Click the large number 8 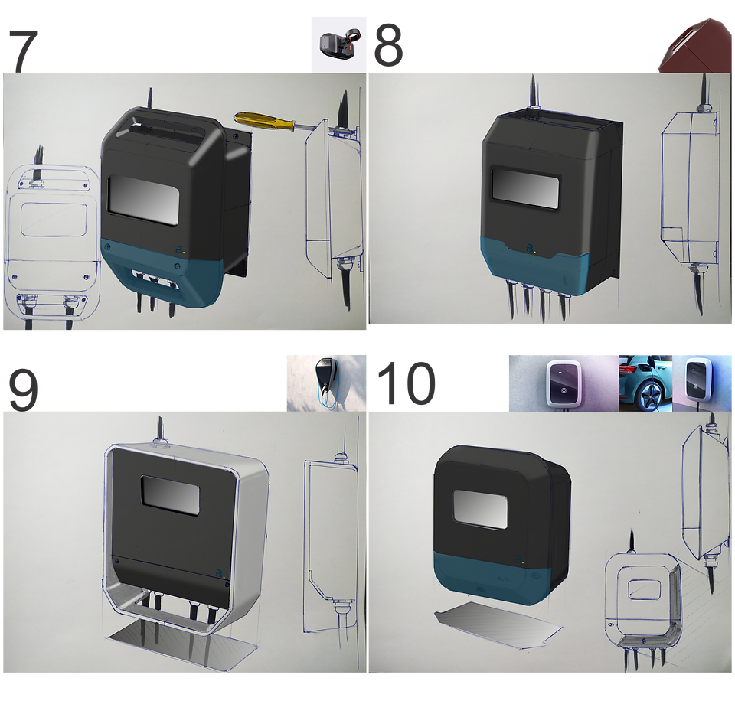point(388,44)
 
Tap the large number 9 point(23,390)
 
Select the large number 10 point(406,383)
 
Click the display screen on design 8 point(525,187)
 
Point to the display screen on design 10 point(480,510)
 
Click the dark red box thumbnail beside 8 point(696,45)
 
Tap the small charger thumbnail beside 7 point(339,45)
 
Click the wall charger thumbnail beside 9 point(326,383)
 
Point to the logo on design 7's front point(181,250)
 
